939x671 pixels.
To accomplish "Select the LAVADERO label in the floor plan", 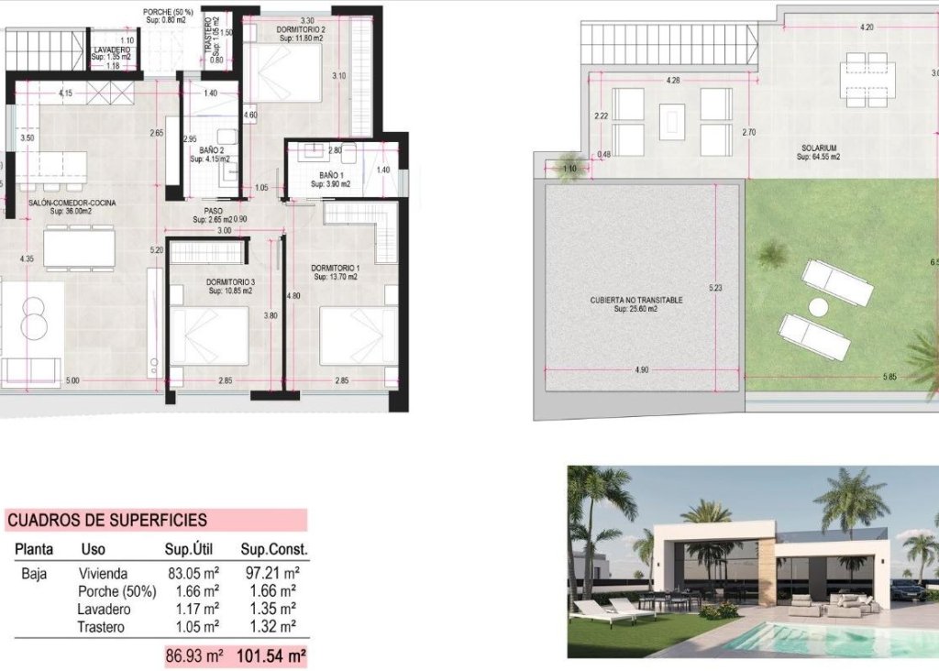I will click(x=111, y=50).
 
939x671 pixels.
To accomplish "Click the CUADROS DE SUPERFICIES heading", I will click(x=107, y=521).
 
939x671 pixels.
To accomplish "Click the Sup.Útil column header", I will click(x=191, y=550).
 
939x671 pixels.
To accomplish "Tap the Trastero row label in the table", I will click(x=104, y=626).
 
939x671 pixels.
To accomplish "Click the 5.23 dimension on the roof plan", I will click(x=715, y=287).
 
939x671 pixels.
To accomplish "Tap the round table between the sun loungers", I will click(x=818, y=306).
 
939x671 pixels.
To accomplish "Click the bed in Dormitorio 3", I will click(x=216, y=335).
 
